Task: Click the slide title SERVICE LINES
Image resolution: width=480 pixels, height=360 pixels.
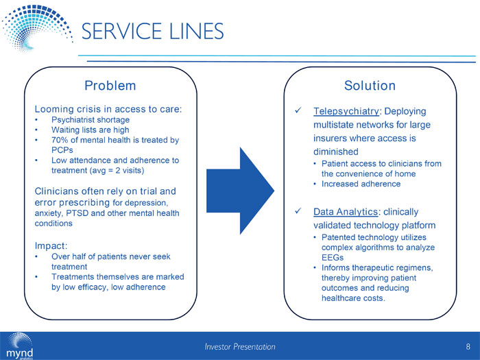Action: [153, 32]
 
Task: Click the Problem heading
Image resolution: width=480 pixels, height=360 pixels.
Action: [110, 86]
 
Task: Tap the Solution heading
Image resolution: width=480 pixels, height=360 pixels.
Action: [370, 86]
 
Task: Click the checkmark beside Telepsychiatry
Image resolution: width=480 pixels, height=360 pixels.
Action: [297, 111]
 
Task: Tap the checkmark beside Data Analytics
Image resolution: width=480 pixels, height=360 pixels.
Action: [297, 212]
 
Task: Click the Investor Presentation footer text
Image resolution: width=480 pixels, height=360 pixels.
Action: [240, 347]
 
